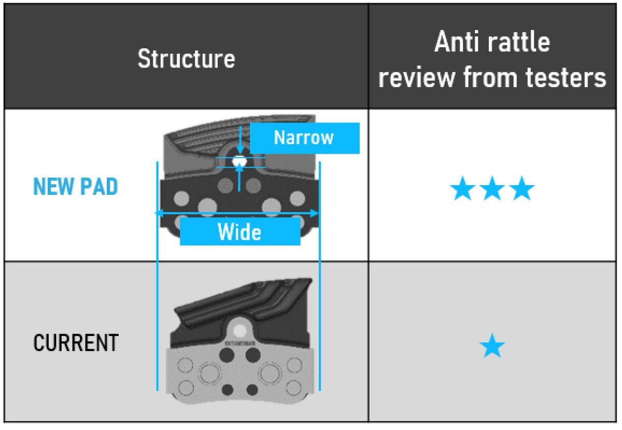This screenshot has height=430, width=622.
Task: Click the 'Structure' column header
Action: [186, 59]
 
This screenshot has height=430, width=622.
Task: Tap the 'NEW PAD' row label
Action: [75, 187]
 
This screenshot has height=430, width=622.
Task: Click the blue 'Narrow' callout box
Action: [304, 138]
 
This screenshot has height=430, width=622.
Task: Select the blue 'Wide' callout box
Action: [239, 232]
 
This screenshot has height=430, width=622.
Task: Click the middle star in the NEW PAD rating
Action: [491, 190]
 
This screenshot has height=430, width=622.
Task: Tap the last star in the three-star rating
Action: [520, 190]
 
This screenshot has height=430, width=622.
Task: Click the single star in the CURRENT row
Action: [491, 346]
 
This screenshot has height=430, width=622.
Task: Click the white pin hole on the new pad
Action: [239, 161]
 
